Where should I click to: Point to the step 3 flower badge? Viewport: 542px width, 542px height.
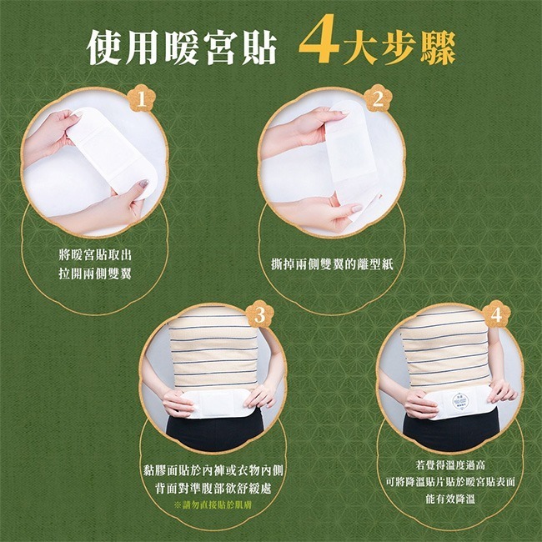tap(259, 315)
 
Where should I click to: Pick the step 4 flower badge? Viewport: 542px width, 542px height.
tap(497, 315)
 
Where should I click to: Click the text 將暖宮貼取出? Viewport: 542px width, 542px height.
tap(95, 254)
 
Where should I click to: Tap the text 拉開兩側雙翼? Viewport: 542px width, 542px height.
tap(95, 273)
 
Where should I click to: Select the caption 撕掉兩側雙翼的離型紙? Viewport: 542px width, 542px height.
tap(327, 263)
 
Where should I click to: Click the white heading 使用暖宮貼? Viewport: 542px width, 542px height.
tap(182, 48)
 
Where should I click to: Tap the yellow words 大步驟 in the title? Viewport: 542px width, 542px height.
tap(401, 48)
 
